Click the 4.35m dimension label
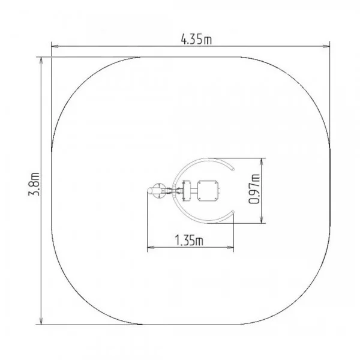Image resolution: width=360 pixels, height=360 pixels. click(196, 39)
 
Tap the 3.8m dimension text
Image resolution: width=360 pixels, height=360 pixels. click(34, 184)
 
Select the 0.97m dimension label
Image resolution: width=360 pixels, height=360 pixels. click(254, 189)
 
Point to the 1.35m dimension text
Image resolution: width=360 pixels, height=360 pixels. click(189, 240)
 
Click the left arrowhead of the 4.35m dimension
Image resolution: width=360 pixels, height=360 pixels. click(55, 46)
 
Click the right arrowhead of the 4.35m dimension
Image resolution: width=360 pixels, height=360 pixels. click(326, 46)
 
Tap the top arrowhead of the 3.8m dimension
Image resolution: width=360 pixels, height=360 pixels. click(41, 61)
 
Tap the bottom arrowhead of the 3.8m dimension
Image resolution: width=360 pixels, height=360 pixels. click(41, 321)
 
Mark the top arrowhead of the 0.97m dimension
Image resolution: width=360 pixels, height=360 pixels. click(262, 161)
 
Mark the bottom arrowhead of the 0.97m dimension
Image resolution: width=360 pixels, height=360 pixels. click(262, 220)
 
